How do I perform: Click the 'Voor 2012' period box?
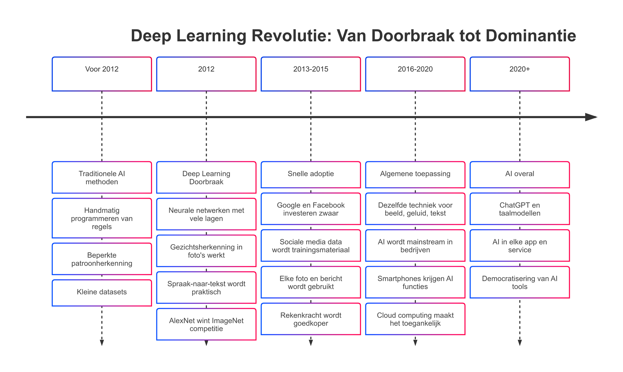pyautogui.click(x=102, y=74)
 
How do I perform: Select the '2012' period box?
pyautogui.click(x=206, y=74)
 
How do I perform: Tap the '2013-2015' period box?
pyautogui.click(x=311, y=74)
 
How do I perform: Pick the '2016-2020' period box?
pyautogui.click(x=415, y=74)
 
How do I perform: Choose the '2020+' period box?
pyautogui.click(x=520, y=74)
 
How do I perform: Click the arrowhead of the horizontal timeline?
pyautogui.click(x=591, y=117)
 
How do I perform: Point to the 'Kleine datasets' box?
pyautogui.click(x=102, y=293)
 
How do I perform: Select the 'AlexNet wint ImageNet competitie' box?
pyautogui.click(x=206, y=324)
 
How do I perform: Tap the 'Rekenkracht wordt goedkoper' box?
pyautogui.click(x=311, y=319)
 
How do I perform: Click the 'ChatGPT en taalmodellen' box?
pyautogui.click(x=520, y=209)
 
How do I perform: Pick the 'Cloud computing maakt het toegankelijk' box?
pyautogui.click(x=415, y=319)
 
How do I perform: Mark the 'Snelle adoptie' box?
pyautogui.click(x=311, y=175)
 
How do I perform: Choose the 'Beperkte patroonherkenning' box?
pyautogui.click(x=102, y=259)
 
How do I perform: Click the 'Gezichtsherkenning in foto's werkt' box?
pyautogui.click(x=206, y=251)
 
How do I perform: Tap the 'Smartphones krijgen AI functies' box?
pyautogui.click(x=415, y=282)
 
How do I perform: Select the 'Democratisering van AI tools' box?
pyautogui.click(x=520, y=282)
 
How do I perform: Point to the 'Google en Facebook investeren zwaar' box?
pyautogui.click(x=311, y=209)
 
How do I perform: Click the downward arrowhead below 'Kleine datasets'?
pyautogui.click(x=102, y=343)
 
